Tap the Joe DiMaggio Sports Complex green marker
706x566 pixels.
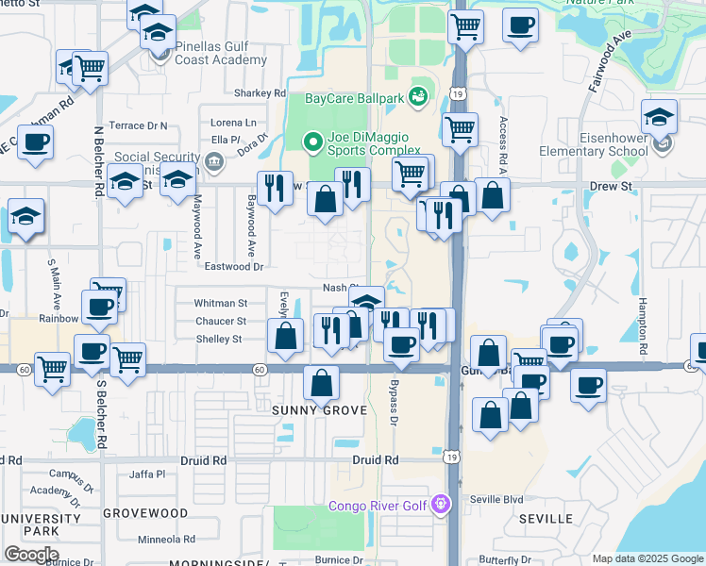click(x=314, y=142)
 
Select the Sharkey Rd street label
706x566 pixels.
click(x=260, y=93)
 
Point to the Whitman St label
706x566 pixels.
click(x=220, y=304)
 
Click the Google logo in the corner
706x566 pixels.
click(x=31, y=555)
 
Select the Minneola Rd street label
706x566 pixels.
click(x=166, y=540)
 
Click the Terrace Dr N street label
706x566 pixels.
click(x=138, y=125)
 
